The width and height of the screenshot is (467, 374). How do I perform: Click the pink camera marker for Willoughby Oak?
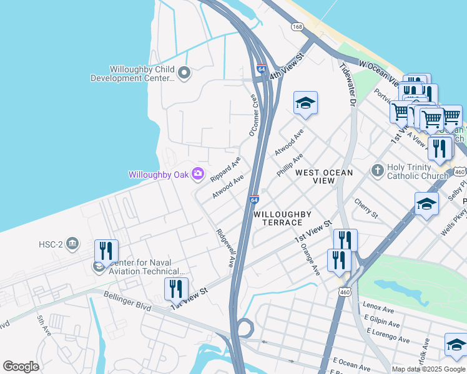198,174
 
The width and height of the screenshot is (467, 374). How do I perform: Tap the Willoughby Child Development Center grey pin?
184,74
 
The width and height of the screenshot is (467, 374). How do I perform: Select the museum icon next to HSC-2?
72,242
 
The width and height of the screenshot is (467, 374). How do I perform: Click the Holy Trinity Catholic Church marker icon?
376,170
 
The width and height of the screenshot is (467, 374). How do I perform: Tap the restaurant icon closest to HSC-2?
106,251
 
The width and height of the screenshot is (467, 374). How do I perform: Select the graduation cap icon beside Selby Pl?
426,204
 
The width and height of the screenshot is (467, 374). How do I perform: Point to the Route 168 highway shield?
297,26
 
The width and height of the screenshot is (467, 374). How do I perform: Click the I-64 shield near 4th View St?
260,69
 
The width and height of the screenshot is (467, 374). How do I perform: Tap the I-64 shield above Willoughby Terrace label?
254,199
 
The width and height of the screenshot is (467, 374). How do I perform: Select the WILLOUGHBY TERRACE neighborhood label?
282,218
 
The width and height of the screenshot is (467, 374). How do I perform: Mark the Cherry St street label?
366,208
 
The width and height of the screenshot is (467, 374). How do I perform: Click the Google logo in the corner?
21,367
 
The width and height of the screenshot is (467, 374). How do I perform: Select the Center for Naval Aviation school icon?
99,267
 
